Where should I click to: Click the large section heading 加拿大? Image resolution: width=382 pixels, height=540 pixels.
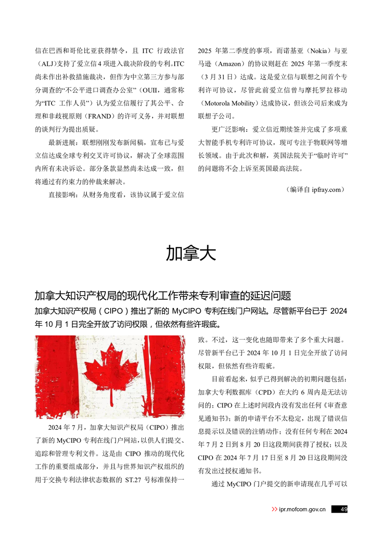point(191,252)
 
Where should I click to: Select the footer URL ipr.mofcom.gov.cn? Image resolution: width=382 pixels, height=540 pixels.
point(302,509)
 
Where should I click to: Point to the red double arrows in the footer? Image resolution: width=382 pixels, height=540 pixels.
point(274,509)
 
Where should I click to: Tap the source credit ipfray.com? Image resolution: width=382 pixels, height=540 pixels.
point(326,190)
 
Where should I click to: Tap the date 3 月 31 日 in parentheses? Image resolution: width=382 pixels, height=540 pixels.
point(219,77)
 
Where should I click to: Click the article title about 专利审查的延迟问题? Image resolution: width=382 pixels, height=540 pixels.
point(163,295)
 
